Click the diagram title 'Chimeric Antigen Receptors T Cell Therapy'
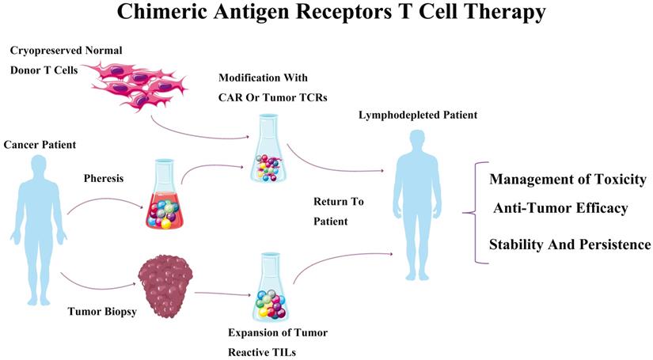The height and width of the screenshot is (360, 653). point(326,13)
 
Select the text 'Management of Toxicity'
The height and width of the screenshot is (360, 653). point(568,179)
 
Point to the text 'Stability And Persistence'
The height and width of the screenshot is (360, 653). point(569,244)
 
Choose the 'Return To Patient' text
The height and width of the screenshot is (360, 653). point(337,211)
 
